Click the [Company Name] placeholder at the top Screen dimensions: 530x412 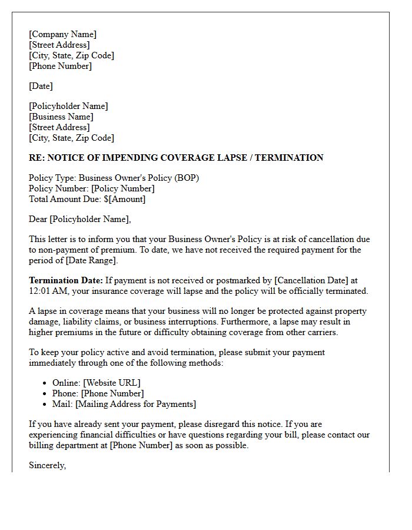(62, 34)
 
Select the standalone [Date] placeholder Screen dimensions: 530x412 (41, 86)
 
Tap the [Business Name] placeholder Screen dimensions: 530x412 (61, 117)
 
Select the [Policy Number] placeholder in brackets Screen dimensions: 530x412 (123, 188)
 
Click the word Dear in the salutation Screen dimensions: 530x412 (38, 219)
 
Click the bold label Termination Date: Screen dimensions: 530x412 (66, 280)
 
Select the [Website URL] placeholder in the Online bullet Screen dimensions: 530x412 (111, 383)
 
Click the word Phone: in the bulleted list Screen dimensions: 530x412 (65, 393)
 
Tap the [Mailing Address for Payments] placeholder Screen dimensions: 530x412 (136, 404)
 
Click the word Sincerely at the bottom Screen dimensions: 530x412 (47, 465)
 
